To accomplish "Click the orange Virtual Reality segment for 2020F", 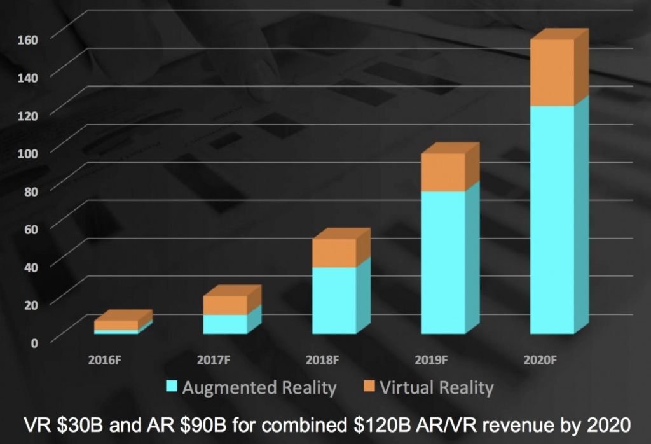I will (x=552, y=73).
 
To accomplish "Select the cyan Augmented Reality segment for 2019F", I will (x=443, y=262).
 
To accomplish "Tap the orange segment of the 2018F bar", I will (x=334, y=253).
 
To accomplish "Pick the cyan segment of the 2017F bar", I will (x=225, y=324).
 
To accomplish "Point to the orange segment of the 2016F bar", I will (x=116, y=325).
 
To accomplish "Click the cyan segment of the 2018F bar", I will (x=334, y=300).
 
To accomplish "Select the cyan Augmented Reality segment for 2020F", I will (x=552, y=219).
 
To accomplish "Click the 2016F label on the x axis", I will (x=104, y=360).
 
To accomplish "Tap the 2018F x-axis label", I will (x=322, y=360).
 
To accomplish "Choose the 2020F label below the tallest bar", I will (x=540, y=360).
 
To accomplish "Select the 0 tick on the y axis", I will (x=36, y=342).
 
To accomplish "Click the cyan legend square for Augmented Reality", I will (x=171, y=387).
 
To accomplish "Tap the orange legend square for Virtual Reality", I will (x=367, y=387).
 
